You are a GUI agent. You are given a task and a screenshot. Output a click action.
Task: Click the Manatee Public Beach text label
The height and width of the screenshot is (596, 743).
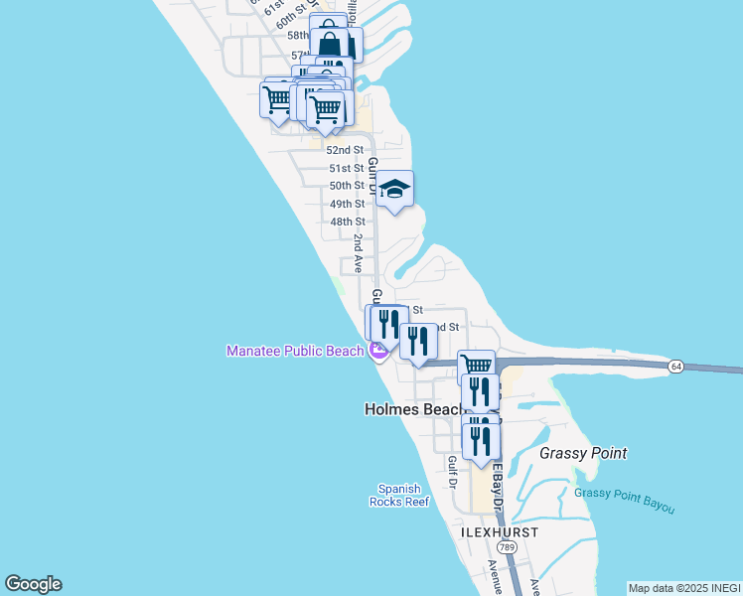(295, 351)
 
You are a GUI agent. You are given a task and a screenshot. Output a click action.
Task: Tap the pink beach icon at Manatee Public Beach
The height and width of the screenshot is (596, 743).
(377, 351)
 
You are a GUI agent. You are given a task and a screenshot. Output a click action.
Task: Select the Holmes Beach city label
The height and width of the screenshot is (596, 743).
(415, 409)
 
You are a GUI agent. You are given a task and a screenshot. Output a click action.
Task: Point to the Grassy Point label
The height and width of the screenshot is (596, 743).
(583, 453)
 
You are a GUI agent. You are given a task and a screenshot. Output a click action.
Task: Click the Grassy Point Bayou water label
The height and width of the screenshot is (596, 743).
(624, 501)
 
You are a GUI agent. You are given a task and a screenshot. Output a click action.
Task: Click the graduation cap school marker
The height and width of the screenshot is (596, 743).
(394, 189)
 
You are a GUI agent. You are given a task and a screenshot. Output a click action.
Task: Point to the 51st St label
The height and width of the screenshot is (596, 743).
(347, 168)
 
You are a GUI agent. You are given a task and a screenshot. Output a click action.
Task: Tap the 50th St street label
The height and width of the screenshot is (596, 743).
(347, 186)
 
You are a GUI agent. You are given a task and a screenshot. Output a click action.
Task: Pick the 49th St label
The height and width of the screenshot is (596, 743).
(347, 204)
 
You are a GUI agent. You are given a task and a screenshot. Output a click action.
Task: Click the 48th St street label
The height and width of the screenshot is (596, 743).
(347, 222)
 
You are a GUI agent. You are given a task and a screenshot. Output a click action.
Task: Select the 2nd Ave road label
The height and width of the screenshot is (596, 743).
(358, 245)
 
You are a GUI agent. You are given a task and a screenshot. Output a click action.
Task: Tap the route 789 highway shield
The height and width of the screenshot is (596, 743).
(507, 547)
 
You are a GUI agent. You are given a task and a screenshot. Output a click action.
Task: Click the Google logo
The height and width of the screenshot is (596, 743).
(33, 584)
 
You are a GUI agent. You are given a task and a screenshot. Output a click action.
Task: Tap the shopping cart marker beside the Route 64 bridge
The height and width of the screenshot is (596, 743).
(477, 366)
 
